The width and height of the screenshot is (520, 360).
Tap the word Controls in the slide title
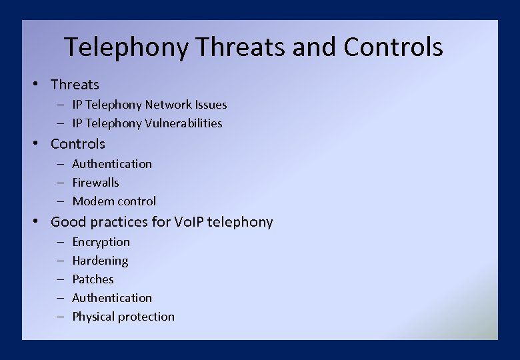tap(393, 47)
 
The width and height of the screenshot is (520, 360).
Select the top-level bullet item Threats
tap(75, 85)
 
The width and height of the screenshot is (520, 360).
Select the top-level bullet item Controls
tap(78, 144)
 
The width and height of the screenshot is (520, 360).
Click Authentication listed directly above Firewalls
tap(112, 164)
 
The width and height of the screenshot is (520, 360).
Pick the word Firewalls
tap(95, 183)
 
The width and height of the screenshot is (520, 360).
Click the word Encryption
tap(101, 242)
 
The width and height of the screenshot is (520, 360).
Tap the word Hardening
tap(100, 261)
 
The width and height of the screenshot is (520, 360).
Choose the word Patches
tap(93, 279)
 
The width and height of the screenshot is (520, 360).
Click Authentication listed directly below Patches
tap(112, 298)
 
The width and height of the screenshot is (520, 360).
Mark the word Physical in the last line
tap(94, 317)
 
